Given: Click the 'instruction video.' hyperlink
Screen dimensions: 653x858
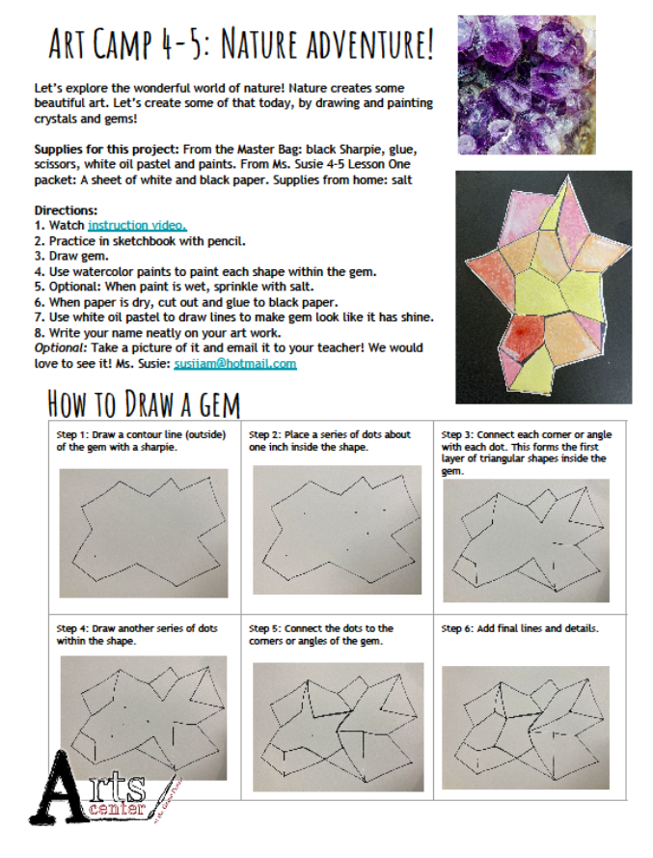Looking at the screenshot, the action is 137,226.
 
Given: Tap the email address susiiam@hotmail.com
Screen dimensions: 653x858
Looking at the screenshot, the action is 235,363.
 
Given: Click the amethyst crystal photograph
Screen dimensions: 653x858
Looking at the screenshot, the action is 526,85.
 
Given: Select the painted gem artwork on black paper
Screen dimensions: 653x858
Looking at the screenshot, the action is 544,288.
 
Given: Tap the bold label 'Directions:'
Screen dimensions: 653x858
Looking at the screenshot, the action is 67,210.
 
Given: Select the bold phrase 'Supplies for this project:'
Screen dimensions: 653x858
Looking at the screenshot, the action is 107,150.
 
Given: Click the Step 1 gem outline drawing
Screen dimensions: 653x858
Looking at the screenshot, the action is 144,533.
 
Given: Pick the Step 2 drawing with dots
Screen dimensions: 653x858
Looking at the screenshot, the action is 337,530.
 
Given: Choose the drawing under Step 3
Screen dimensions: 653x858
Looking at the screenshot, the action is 526,540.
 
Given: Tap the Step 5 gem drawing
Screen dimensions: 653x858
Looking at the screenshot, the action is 338,727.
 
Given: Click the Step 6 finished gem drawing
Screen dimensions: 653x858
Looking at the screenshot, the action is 526,728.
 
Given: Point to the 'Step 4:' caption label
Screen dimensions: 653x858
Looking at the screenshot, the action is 72,628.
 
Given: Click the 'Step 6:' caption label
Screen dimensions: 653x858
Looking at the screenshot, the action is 457,628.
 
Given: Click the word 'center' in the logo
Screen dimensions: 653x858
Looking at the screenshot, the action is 117,808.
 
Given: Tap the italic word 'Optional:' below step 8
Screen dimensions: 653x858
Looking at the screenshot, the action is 61,348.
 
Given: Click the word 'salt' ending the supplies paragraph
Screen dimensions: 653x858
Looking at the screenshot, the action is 401,180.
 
